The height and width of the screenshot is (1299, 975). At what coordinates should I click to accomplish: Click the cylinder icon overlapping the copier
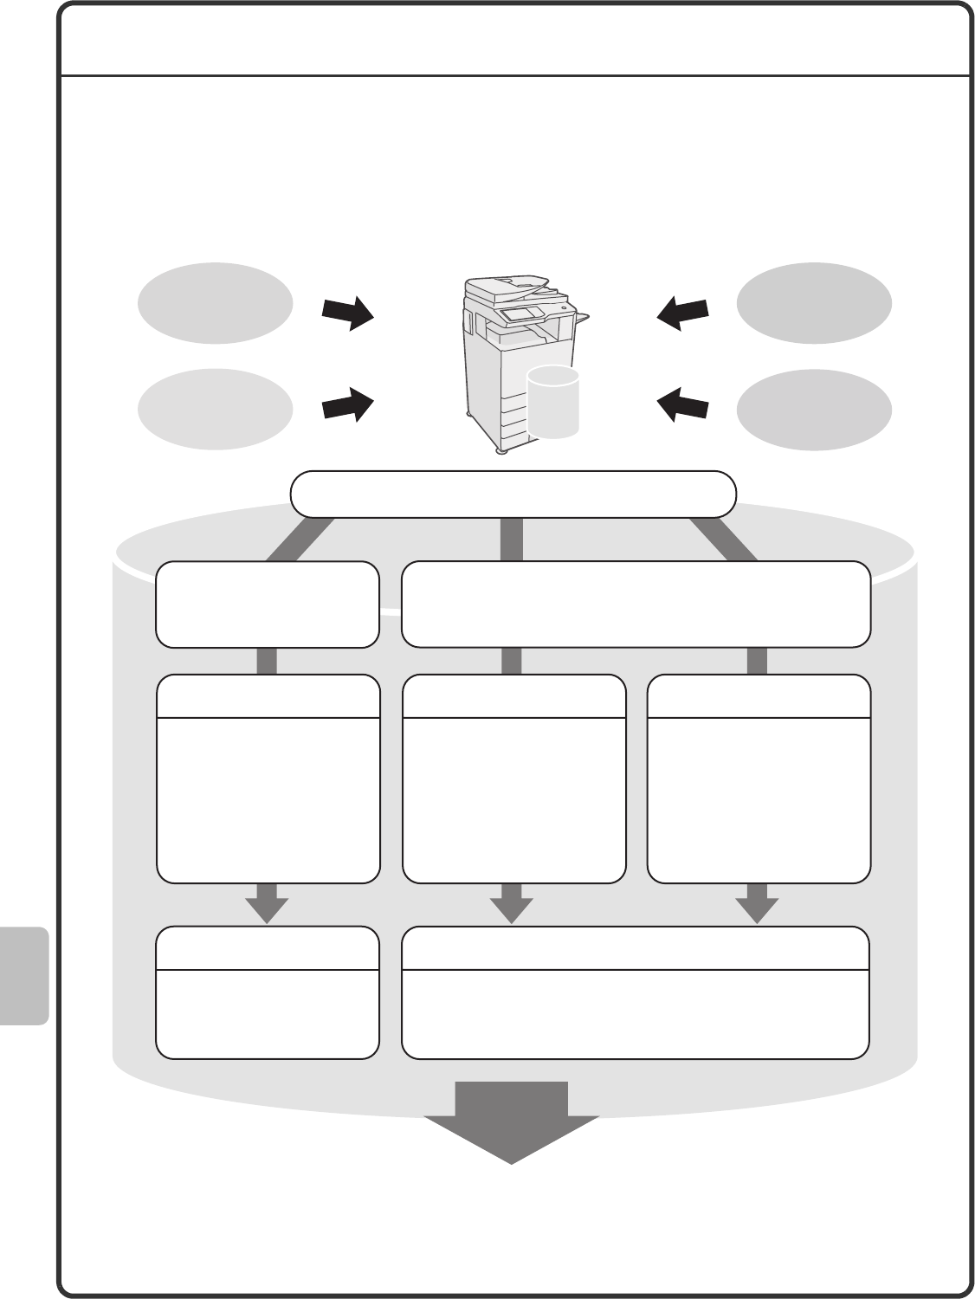pos(552,402)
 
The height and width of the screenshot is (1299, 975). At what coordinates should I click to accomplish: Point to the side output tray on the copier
pos(581,317)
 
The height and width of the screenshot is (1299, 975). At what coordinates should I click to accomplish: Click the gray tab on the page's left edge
pos(23,976)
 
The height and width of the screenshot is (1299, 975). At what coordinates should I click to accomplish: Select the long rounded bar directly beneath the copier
pos(513,494)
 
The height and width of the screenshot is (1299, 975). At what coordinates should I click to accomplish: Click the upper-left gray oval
pos(215,303)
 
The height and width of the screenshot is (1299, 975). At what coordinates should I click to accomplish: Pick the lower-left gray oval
pos(215,409)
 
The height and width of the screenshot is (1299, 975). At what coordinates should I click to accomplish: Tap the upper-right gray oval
pos(813,303)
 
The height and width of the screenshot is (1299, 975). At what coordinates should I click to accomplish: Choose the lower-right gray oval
pos(813,409)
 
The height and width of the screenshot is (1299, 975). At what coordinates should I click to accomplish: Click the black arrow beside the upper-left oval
pos(347,313)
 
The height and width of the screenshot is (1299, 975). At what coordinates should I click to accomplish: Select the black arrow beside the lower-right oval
pos(683,404)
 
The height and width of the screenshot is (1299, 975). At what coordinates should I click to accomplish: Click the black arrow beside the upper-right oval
pos(683,313)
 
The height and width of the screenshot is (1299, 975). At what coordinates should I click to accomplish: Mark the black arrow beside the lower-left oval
pos(347,404)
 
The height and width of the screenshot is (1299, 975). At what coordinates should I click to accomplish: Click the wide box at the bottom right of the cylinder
pos(636,992)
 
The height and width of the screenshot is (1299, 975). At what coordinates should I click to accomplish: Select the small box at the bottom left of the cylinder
pos(268,992)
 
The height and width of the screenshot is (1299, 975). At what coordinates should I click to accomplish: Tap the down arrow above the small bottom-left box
pos(267,903)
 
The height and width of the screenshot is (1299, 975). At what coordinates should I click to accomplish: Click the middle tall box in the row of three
pos(513,779)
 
